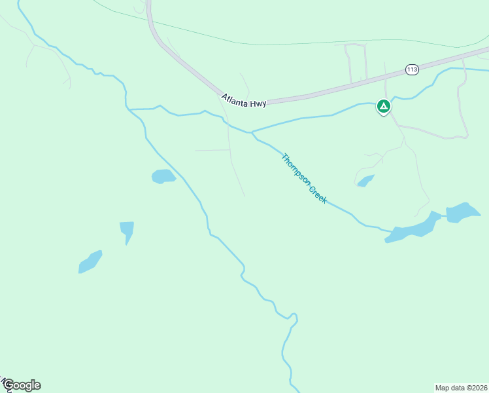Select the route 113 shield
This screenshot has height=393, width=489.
[x=411, y=69]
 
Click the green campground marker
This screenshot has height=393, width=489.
[x=383, y=106]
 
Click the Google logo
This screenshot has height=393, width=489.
[x=22, y=385]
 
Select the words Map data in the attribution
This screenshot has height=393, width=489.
[x=451, y=387]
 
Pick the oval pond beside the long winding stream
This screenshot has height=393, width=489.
[x=163, y=176]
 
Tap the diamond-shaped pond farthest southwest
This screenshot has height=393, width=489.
[x=90, y=261]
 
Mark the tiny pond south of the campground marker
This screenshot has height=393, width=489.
[x=365, y=181]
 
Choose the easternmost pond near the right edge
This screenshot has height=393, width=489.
[x=463, y=212]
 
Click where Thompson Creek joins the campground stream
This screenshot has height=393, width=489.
[x=251, y=132]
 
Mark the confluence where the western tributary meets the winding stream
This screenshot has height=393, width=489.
[x=130, y=109]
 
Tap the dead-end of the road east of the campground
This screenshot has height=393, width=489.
[x=467, y=136]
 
